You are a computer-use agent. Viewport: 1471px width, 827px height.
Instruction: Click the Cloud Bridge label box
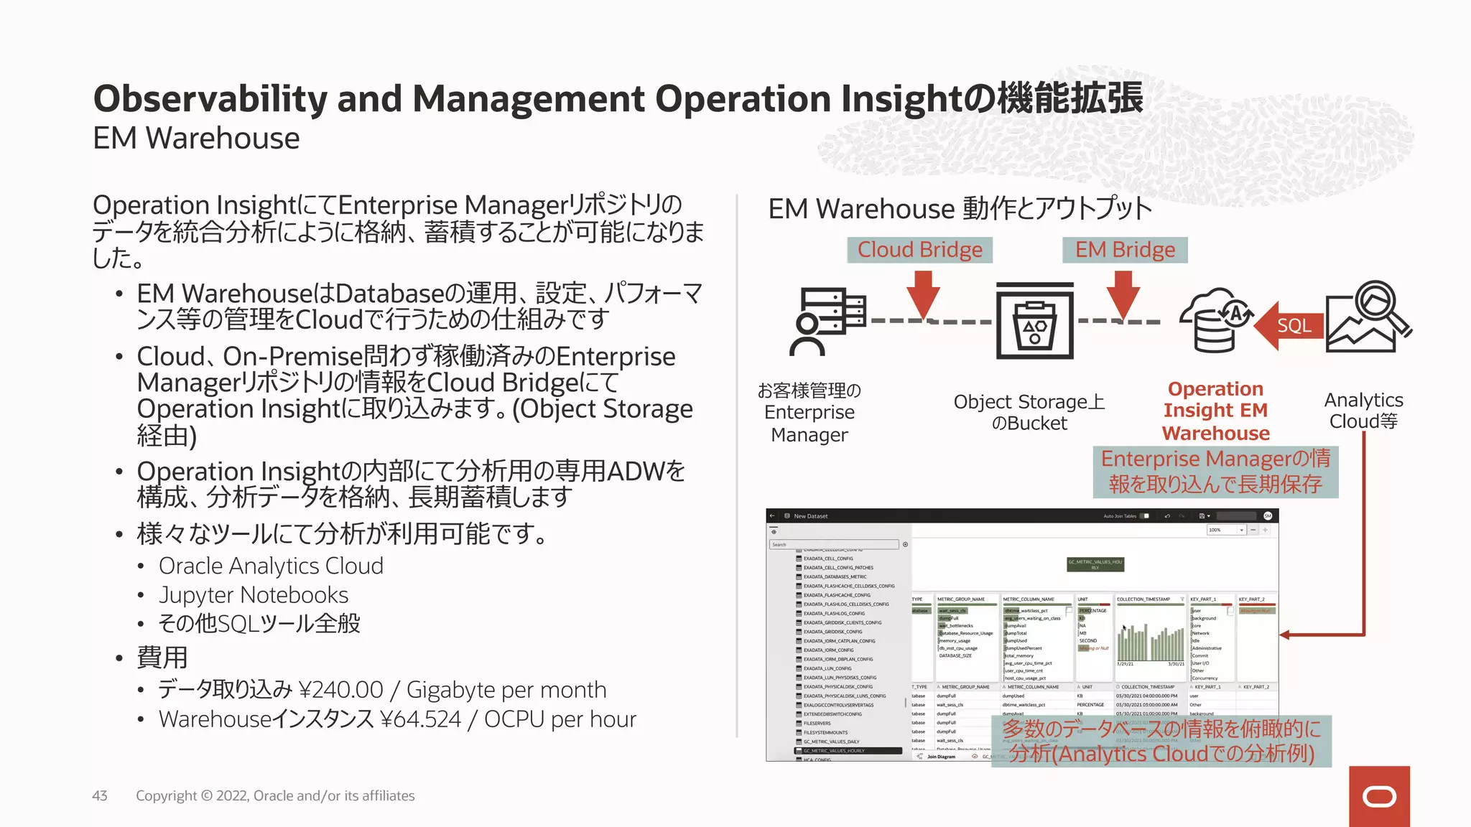pos(919,250)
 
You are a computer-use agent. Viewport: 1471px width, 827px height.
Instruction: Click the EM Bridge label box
pos(1125,250)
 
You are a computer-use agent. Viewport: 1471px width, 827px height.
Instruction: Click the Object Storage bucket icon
pos(1034,320)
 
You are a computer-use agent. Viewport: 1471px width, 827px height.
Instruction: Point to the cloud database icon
pos(1215,320)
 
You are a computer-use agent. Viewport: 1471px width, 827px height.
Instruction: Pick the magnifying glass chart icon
pos(1368,317)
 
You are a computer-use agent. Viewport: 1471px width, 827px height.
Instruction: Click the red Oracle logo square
pos(1378,796)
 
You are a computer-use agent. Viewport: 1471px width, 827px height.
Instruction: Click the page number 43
pos(100,795)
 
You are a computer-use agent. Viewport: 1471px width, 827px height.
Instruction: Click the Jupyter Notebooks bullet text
pos(254,595)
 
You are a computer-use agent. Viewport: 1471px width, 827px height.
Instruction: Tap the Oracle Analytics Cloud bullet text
pos(271,566)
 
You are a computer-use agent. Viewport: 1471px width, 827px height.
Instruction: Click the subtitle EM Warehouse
pos(196,139)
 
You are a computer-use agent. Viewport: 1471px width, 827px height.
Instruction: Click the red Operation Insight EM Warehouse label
pos(1215,411)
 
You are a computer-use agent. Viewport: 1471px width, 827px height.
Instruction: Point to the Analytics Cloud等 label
pos(1363,411)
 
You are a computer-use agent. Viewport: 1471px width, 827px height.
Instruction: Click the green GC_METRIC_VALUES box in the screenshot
pos(1095,564)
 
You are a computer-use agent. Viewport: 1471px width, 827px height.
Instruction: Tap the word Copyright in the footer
pos(166,795)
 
